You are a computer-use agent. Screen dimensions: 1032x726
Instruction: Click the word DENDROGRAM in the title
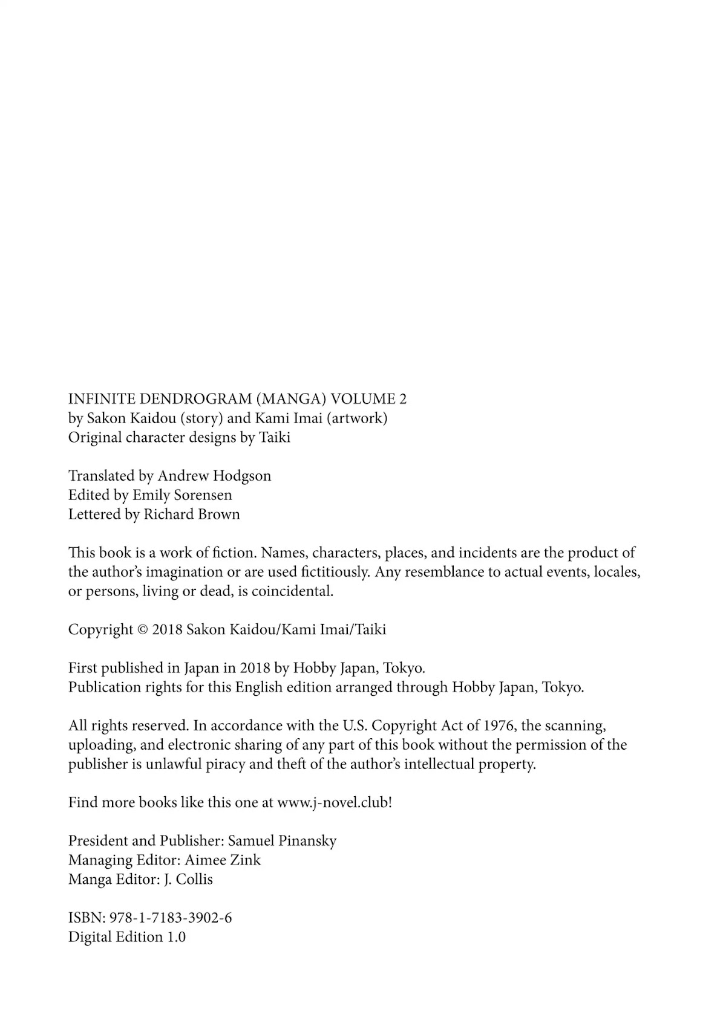tap(192, 399)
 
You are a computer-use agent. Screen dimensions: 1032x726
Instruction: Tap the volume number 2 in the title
tap(402, 399)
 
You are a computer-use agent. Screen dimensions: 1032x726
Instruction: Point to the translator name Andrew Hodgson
tap(214, 476)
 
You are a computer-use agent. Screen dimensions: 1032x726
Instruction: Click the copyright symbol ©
tap(143, 630)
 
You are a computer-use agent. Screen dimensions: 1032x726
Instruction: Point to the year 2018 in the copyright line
tap(167, 630)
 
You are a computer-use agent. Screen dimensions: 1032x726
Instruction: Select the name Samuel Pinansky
tap(282, 841)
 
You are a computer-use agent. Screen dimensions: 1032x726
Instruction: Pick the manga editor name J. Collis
tap(188, 880)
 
